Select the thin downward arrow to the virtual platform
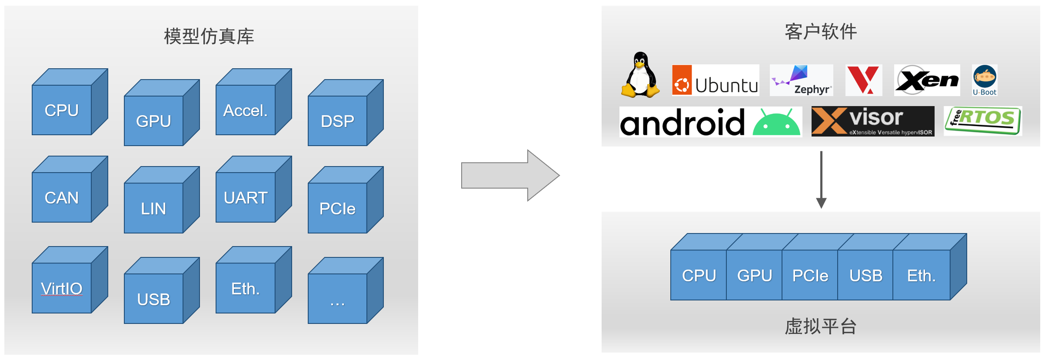coord(821,179)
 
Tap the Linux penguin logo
coord(640,75)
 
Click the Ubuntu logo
coord(716,80)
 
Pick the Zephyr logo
coord(801,80)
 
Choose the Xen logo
coord(927,80)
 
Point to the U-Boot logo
coord(985,80)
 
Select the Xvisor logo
coord(872,121)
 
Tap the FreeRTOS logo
coord(983,121)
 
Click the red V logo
coord(864,80)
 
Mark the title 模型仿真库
coord(209,36)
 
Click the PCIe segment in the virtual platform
coord(810,275)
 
